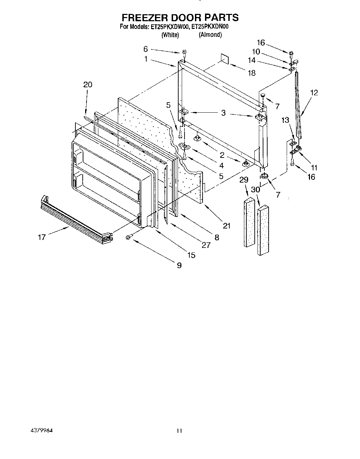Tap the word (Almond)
[210, 34]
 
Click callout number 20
[88, 84]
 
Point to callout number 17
[42, 237]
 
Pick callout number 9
[179, 265]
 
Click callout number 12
[314, 92]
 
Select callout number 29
[244, 179]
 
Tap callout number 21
[227, 226]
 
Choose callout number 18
[252, 73]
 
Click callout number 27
[206, 245]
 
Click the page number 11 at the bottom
[179, 431]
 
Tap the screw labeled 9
[129, 236]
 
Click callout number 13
[285, 120]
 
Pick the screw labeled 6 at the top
[185, 53]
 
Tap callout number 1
[146, 59]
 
